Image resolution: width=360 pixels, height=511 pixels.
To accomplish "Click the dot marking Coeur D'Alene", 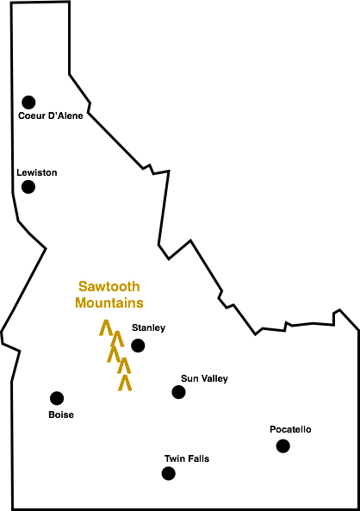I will pos(29,102).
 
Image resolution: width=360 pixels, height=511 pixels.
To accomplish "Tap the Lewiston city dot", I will pos(28,186).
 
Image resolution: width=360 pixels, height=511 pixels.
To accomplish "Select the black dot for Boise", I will pos(57,398).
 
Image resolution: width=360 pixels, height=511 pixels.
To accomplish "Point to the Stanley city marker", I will pos(138,346).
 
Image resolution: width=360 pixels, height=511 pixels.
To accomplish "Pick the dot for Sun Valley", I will pos(178,392).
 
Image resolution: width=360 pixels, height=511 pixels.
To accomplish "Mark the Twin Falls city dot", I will pos(168,473).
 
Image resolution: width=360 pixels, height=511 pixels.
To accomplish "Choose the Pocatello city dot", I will pos(282,446).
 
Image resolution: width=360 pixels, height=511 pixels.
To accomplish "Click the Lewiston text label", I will pos(37,172).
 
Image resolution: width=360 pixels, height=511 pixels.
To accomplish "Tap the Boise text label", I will pos(61,414).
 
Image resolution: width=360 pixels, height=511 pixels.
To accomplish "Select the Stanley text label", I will pos(148,327).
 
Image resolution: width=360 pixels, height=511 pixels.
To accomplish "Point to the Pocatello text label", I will pos(290,429).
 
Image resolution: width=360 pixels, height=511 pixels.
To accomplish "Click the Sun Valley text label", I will pos(204,378).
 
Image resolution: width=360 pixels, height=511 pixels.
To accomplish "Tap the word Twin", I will pos(174,458).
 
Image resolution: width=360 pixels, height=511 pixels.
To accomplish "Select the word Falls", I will pos(197,458).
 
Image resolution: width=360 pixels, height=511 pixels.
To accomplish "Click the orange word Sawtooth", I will pos(109,287).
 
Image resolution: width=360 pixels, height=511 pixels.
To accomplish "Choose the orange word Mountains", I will pos(109,303).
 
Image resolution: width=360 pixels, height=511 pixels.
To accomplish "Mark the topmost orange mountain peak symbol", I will pos(105,327).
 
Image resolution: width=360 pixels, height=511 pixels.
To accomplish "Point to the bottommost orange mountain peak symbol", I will pos(125,382).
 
